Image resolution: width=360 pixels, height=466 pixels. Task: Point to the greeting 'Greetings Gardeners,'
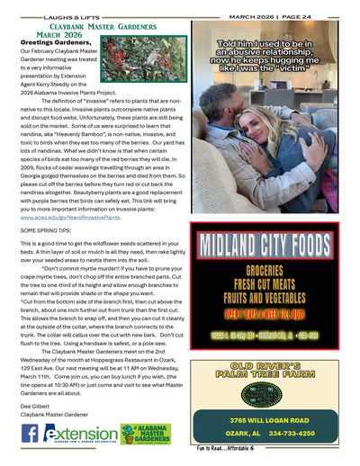click(x=54, y=41)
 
